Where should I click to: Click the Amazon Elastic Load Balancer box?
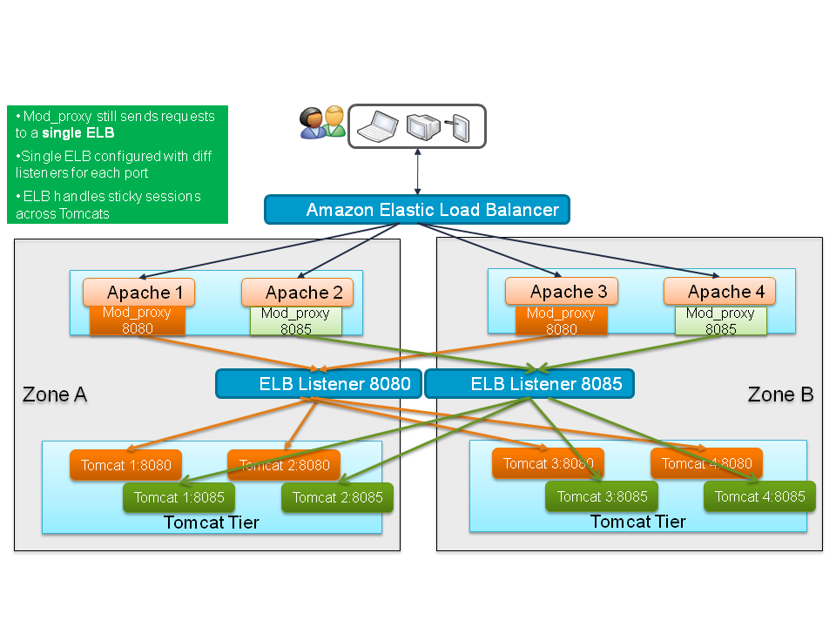[417, 210]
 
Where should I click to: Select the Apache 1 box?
[138, 292]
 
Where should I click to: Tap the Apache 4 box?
[719, 291]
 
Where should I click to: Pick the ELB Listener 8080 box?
[319, 383]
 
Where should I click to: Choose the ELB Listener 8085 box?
[529, 383]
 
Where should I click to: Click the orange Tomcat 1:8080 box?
[126, 465]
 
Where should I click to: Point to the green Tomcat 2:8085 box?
[337, 497]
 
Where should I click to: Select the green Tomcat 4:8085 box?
[760, 496]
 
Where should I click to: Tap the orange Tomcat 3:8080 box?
[548, 463]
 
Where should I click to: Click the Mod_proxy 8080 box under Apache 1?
[138, 321]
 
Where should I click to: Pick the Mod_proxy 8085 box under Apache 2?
[296, 321]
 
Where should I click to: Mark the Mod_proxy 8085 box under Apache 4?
[720, 321]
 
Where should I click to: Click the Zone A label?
[54, 394]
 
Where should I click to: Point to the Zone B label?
[780, 394]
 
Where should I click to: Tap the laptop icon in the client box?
[380, 126]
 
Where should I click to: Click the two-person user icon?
[322, 122]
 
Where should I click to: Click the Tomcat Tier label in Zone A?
[211, 522]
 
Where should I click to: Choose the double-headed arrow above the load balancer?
[417, 171]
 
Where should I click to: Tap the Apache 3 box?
[562, 291]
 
